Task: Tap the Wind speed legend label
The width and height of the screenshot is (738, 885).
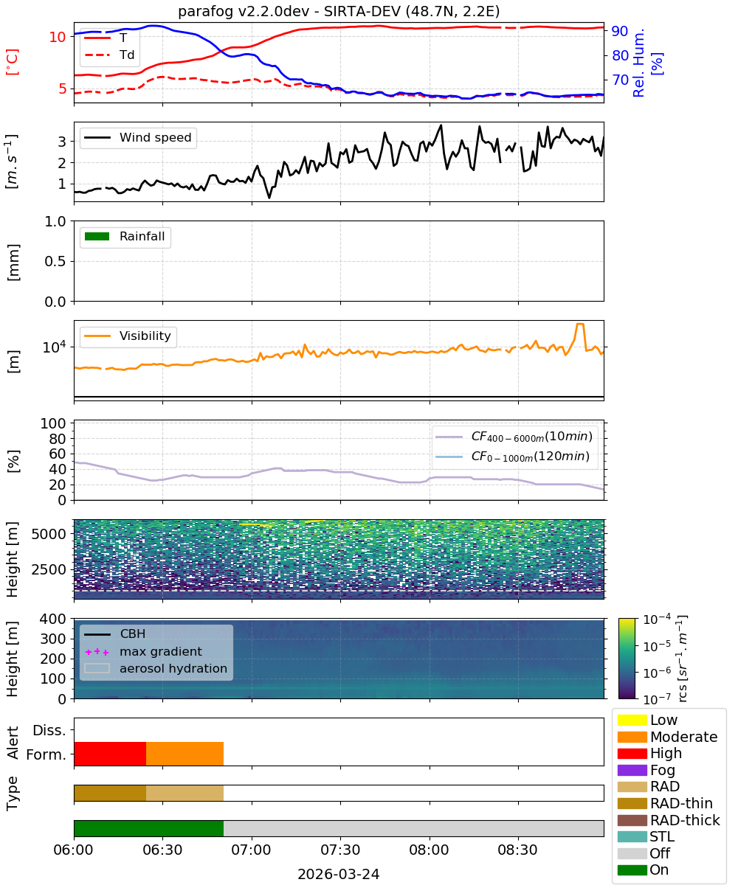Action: [x=155, y=137]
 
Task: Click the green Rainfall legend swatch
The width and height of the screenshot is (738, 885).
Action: [x=97, y=236]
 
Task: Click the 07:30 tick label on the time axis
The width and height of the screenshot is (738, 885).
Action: [x=340, y=850]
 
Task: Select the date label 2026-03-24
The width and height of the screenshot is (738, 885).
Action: [x=338, y=874]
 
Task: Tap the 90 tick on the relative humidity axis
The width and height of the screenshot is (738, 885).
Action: [x=619, y=31]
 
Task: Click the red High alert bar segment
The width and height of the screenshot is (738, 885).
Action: [x=110, y=754]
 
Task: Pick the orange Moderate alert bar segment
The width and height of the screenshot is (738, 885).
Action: [x=185, y=754]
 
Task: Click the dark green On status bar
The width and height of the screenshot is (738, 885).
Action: [x=149, y=828]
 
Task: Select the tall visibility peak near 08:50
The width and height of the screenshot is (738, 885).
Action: [x=580, y=324]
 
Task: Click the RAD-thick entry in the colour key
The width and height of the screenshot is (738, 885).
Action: [x=669, y=820]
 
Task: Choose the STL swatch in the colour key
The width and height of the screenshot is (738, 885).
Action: [x=632, y=836]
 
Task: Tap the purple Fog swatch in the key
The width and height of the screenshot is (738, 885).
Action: [x=632, y=770]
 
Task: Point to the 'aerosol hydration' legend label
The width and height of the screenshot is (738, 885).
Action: [x=173, y=668]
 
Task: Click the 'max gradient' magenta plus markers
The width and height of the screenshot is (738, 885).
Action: [x=97, y=652]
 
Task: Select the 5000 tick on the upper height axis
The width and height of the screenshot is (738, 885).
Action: [x=49, y=534]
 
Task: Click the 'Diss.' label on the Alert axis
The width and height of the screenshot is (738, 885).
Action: [x=49, y=730]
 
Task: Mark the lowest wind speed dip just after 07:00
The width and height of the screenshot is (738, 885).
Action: [x=269, y=197]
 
